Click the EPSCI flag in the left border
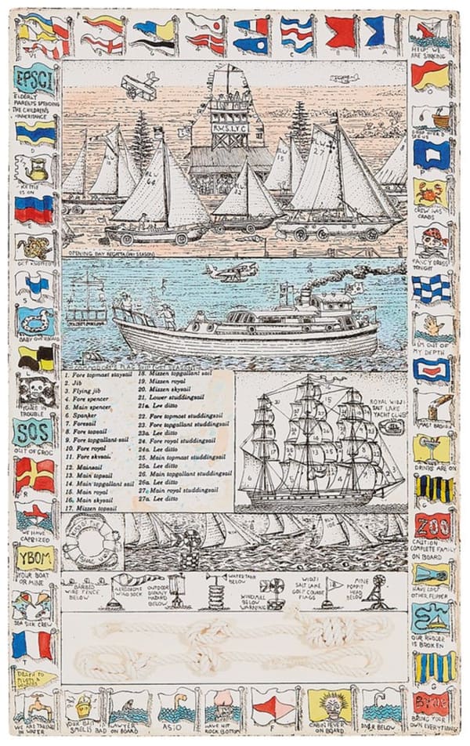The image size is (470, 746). click(x=34, y=79)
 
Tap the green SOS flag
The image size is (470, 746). click(x=34, y=431)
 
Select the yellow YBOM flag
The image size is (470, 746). click(x=34, y=558)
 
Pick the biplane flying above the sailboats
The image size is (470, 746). click(x=139, y=85)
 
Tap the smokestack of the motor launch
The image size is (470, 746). click(x=305, y=295)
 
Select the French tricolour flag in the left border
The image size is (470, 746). click(x=34, y=645)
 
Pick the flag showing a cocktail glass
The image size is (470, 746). click(x=433, y=447)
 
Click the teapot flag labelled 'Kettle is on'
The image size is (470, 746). click(x=34, y=167)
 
